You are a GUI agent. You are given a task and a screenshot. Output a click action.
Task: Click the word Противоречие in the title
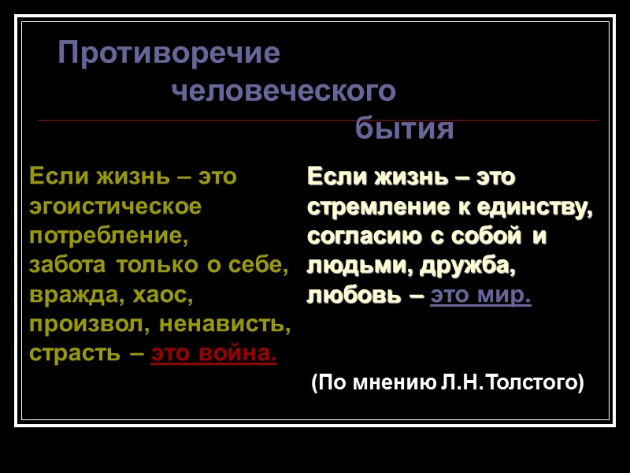[169, 54]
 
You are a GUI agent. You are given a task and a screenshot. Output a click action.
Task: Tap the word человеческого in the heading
[283, 91]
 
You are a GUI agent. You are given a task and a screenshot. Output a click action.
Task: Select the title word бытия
[404, 128]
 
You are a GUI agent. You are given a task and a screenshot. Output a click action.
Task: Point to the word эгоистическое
[116, 207]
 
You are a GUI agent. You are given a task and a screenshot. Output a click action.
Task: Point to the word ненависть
[223, 324]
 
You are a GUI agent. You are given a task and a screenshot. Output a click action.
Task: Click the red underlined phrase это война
[213, 353]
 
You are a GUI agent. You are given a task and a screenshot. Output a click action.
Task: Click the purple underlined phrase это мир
[481, 296]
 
